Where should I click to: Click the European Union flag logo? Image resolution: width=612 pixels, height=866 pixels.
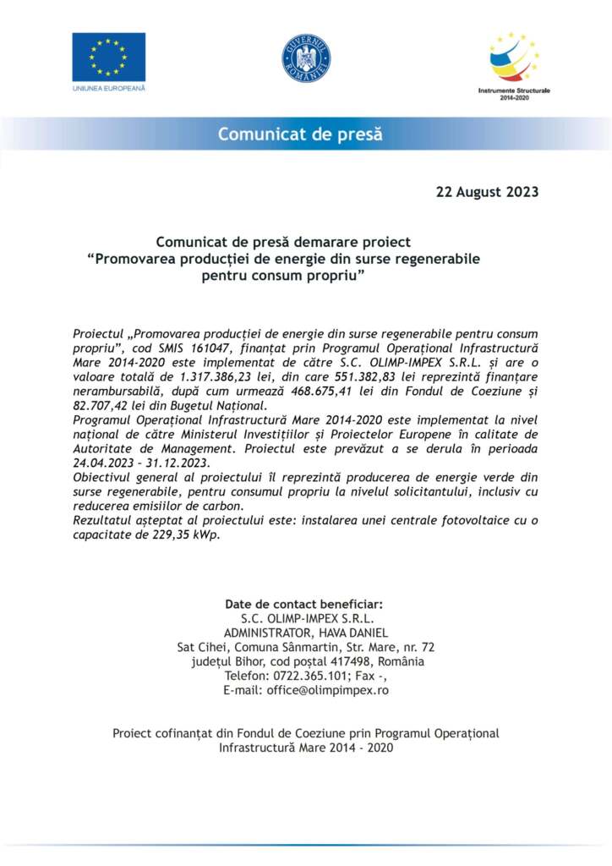click(108, 57)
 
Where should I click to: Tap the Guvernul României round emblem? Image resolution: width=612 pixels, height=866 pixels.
click(306, 59)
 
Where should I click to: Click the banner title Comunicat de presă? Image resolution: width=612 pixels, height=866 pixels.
click(300, 134)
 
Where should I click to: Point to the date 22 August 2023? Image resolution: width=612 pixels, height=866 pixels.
click(487, 191)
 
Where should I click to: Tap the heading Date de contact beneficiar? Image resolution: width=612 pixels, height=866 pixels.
click(304, 604)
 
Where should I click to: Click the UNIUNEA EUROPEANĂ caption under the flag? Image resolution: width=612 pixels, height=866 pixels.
click(108, 87)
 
